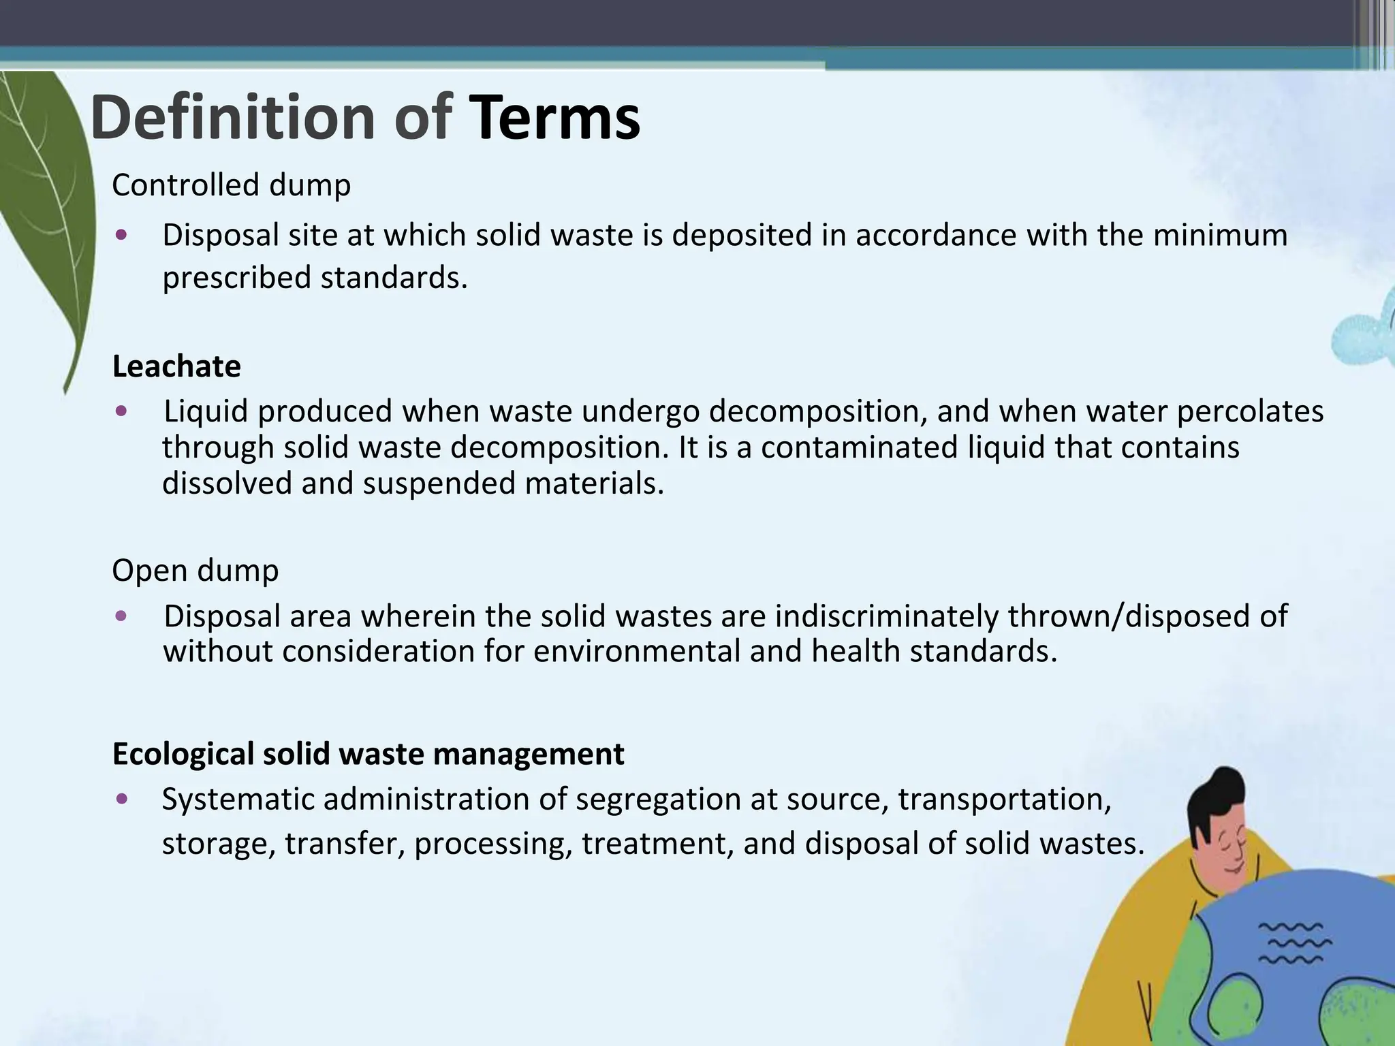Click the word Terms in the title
(554, 118)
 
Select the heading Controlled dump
(231, 185)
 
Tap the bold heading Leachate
(176, 366)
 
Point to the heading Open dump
(195, 571)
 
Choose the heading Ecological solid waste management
(368, 754)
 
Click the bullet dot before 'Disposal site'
(121, 236)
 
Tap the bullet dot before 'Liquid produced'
(121, 411)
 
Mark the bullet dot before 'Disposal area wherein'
(121, 616)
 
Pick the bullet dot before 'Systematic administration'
(121, 799)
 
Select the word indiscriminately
(886, 616)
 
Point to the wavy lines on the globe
(1294, 944)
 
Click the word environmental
(636, 652)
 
